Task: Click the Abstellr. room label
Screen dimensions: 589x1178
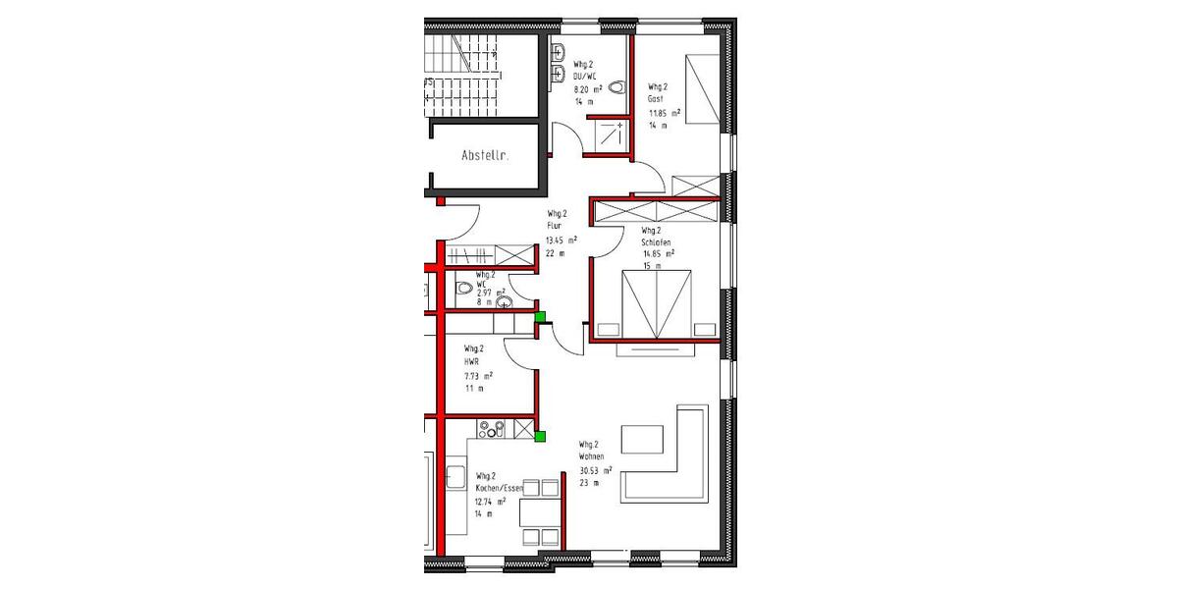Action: tap(484, 155)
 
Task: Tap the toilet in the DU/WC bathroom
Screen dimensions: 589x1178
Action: tap(616, 88)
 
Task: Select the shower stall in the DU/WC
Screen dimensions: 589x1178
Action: tap(611, 136)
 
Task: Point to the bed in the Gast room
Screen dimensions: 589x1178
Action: tap(701, 89)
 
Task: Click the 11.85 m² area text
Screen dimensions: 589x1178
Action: tap(664, 113)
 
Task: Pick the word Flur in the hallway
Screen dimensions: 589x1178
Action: tap(555, 226)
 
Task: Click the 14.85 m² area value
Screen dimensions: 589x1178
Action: tap(658, 253)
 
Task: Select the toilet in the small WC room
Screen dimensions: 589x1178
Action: tap(463, 289)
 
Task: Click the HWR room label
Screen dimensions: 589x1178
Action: tap(471, 361)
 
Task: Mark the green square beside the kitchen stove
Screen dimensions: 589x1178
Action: tap(541, 436)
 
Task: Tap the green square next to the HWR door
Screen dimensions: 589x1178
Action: tap(540, 316)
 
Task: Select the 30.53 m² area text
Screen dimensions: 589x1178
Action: tap(596, 470)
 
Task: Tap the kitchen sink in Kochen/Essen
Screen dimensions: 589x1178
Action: tap(456, 478)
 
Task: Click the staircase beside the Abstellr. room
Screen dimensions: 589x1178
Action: tap(461, 74)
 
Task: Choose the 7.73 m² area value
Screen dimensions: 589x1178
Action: tap(478, 376)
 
